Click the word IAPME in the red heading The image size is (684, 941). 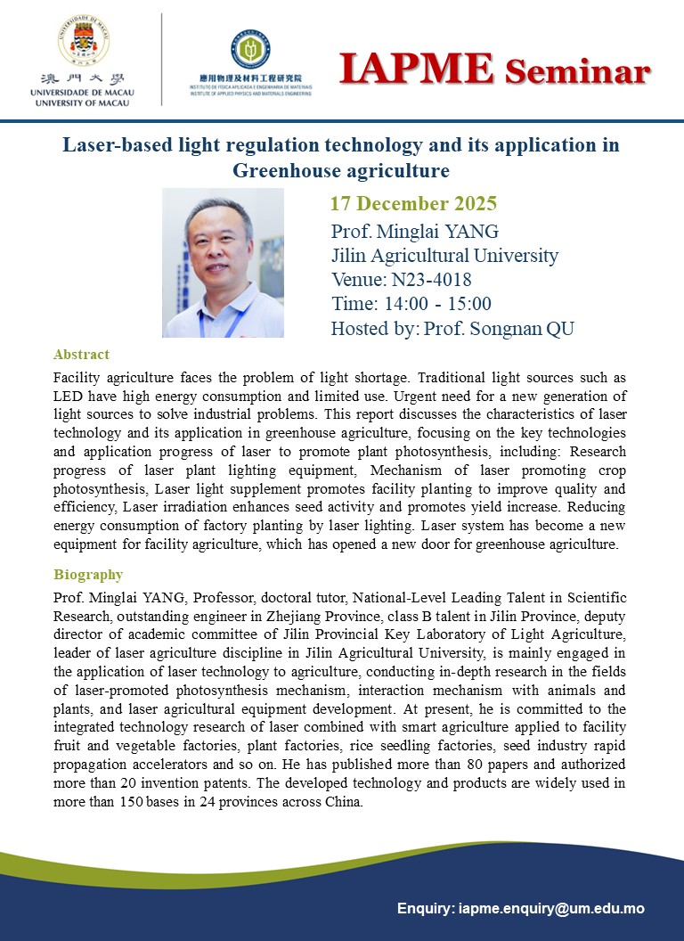(x=417, y=69)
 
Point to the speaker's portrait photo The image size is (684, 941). (x=223, y=263)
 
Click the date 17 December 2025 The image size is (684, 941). (x=413, y=203)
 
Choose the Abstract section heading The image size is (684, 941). (x=81, y=354)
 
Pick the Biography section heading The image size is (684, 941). (x=88, y=575)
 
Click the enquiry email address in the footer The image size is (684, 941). (x=551, y=909)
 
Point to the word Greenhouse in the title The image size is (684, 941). (x=289, y=169)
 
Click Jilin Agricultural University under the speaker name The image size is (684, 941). (x=444, y=256)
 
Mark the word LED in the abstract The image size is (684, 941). (x=69, y=395)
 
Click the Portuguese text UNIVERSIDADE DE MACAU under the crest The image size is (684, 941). (x=79, y=93)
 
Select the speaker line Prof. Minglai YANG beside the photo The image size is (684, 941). (x=414, y=232)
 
